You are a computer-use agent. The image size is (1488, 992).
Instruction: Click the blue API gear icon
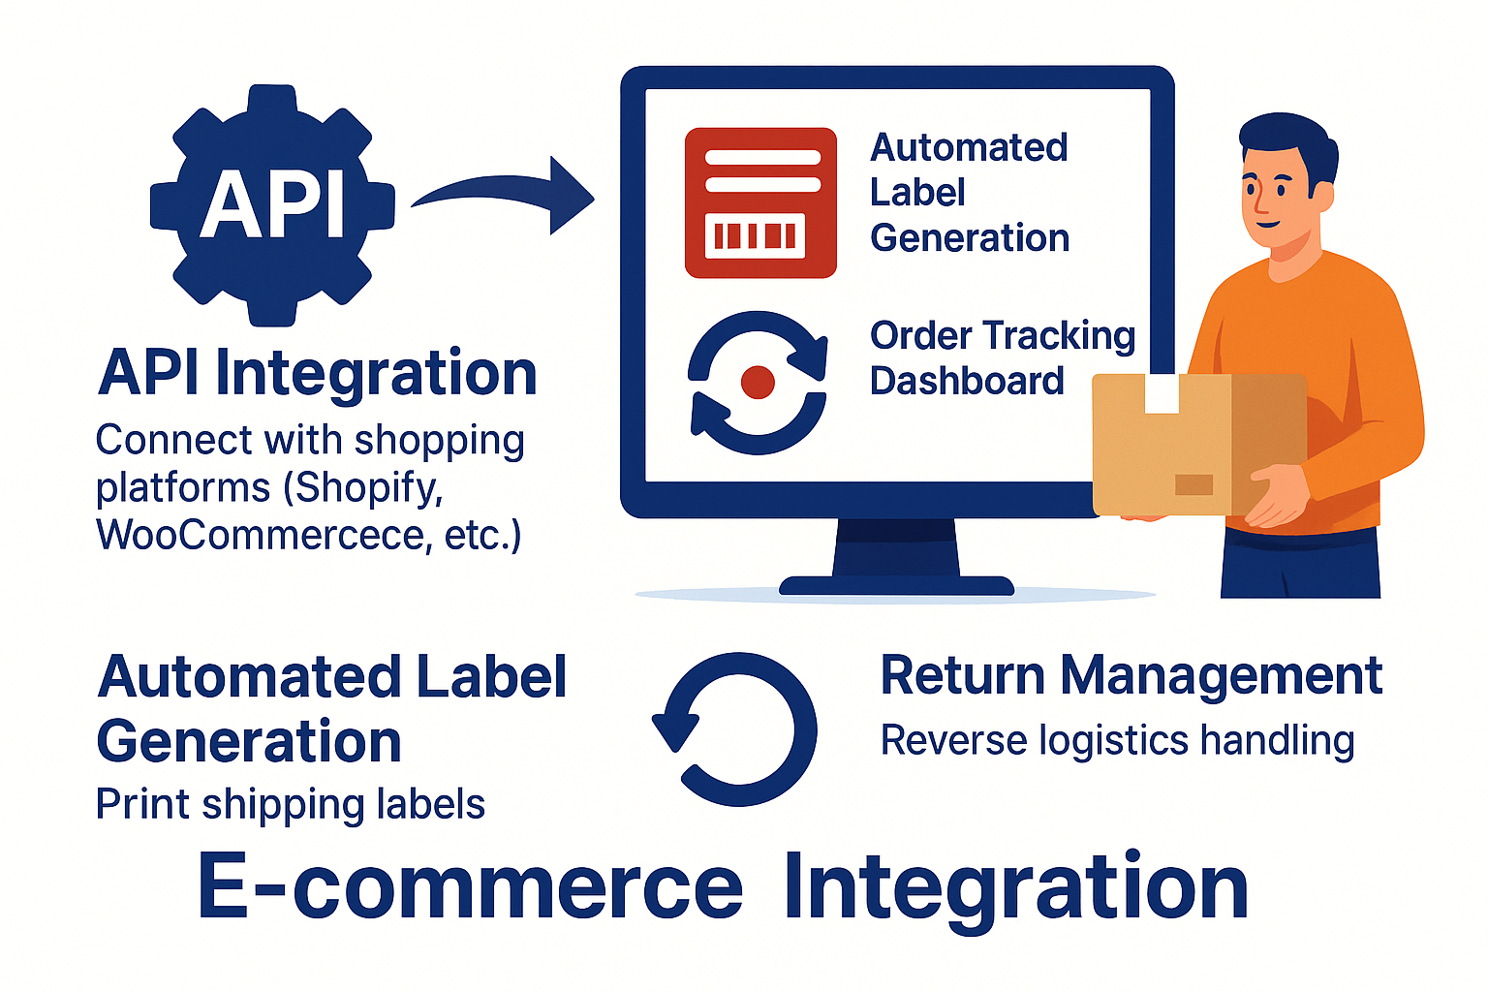tap(272, 205)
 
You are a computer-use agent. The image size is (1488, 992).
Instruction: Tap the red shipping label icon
tap(760, 202)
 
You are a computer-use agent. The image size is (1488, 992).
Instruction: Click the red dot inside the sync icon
tap(758, 383)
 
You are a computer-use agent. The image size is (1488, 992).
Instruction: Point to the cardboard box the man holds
tap(1198, 446)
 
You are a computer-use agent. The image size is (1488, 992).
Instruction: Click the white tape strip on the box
tap(1162, 393)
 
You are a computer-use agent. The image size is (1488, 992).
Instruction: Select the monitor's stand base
tap(896, 584)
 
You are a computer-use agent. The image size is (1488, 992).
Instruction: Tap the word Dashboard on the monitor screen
tap(967, 381)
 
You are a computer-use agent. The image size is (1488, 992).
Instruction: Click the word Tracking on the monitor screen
tap(1059, 336)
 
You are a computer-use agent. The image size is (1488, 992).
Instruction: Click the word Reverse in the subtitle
tap(953, 741)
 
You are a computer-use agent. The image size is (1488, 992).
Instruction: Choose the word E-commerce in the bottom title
tap(470, 887)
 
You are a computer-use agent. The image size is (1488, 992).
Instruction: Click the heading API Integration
tap(318, 374)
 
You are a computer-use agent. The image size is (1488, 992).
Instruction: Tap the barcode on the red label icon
tap(755, 235)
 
